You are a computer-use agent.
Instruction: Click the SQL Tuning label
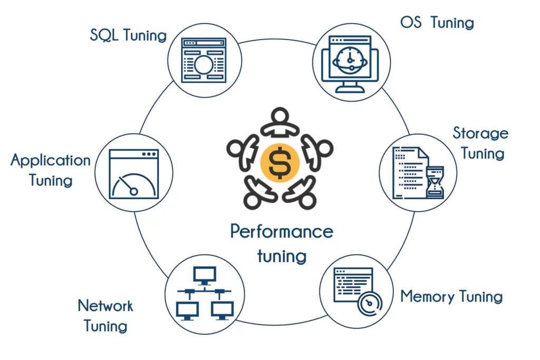tap(128, 36)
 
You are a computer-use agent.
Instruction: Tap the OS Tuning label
tap(437, 23)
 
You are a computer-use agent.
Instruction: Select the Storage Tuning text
tap(480, 143)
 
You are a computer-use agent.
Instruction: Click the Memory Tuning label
tap(451, 296)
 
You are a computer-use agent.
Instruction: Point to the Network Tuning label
tap(105, 315)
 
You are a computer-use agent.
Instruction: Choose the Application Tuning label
tap(51, 170)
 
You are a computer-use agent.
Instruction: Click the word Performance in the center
tap(282, 231)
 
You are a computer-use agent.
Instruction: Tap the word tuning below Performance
tap(282, 256)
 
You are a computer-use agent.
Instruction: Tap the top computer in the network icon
tap(205, 275)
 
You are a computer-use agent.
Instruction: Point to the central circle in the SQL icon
tap(204, 65)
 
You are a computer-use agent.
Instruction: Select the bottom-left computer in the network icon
tap(187, 310)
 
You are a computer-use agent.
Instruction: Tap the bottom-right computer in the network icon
tap(222, 310)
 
